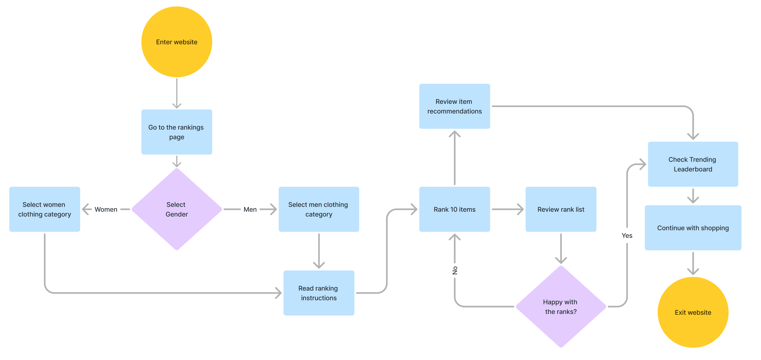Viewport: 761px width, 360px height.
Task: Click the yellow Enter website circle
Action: point(177,42)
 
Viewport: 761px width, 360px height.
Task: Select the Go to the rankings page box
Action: point(177,132)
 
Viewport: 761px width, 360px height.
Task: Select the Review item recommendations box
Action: point(454,106)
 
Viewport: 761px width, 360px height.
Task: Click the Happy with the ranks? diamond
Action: point(561,306)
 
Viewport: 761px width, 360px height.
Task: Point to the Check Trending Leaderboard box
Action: point(693,164)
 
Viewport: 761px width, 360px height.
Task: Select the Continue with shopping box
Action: point(693,228)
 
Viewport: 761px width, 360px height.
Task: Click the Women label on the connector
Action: point(106,209)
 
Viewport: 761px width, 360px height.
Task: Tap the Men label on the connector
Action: point(250,209)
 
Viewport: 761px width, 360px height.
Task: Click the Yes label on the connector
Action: point(627,235)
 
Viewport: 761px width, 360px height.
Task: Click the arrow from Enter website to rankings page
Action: point(177,93)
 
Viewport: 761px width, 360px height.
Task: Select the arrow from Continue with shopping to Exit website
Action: point(693,263)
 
